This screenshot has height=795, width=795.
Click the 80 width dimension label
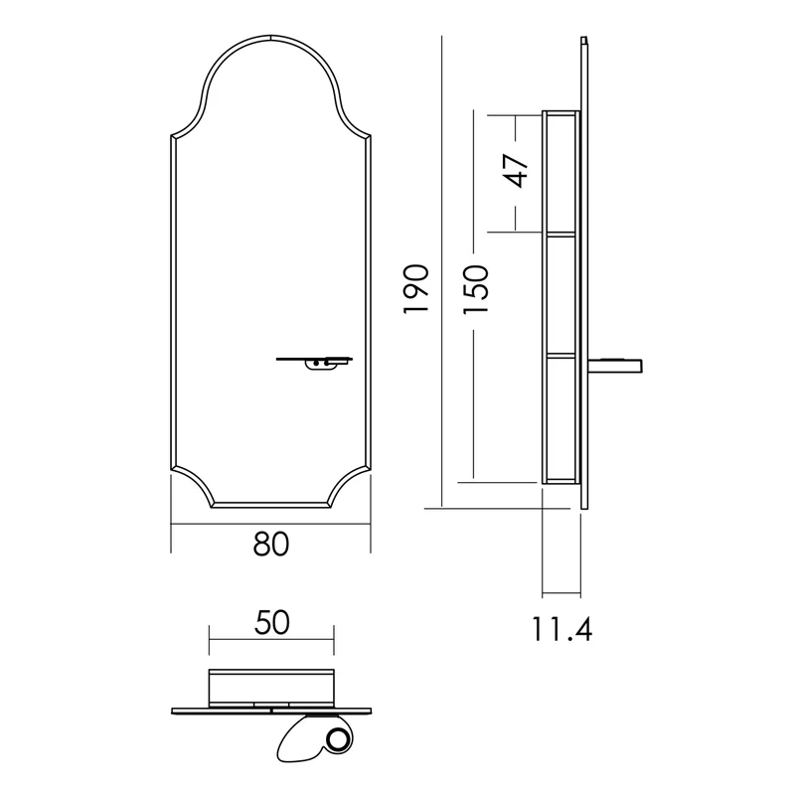tap(270, 544)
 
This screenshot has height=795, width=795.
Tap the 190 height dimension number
tap(416, 288)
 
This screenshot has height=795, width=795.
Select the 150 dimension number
tap(476, 289)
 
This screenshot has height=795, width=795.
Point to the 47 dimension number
tap(515, 170)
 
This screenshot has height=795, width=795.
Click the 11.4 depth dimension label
tap(561, 629)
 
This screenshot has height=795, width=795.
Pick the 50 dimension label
tap(271, 623)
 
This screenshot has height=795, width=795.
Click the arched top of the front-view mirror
tap(270, 38)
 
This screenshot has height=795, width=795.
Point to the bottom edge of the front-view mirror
tap(271, 506)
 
